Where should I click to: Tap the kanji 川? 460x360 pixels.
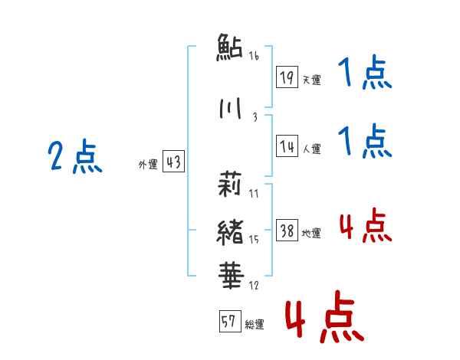[229, 110]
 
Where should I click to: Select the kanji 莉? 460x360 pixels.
[229, 185]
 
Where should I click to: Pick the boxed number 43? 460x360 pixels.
[173, 162]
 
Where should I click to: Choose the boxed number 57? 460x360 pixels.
[229, 322]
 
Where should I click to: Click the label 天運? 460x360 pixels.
[311, 80]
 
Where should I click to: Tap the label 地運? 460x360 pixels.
[311, 234]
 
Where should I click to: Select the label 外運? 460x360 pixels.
[147, 165]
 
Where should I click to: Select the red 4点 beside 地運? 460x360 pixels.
[365, 227]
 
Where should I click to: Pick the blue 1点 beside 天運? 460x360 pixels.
[365, 75]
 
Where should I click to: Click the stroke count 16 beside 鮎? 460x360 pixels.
[254, 56]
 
